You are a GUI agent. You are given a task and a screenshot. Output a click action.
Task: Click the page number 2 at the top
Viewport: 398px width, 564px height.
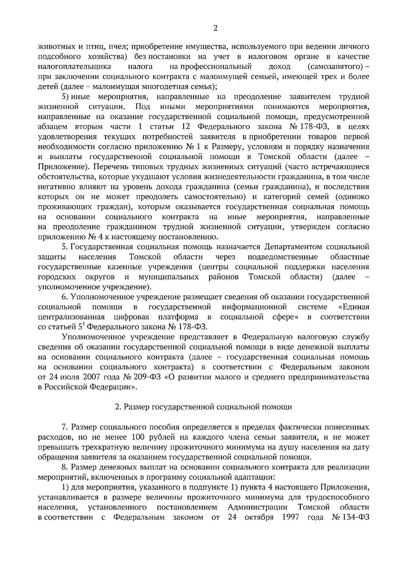click(x=215, y=29)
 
